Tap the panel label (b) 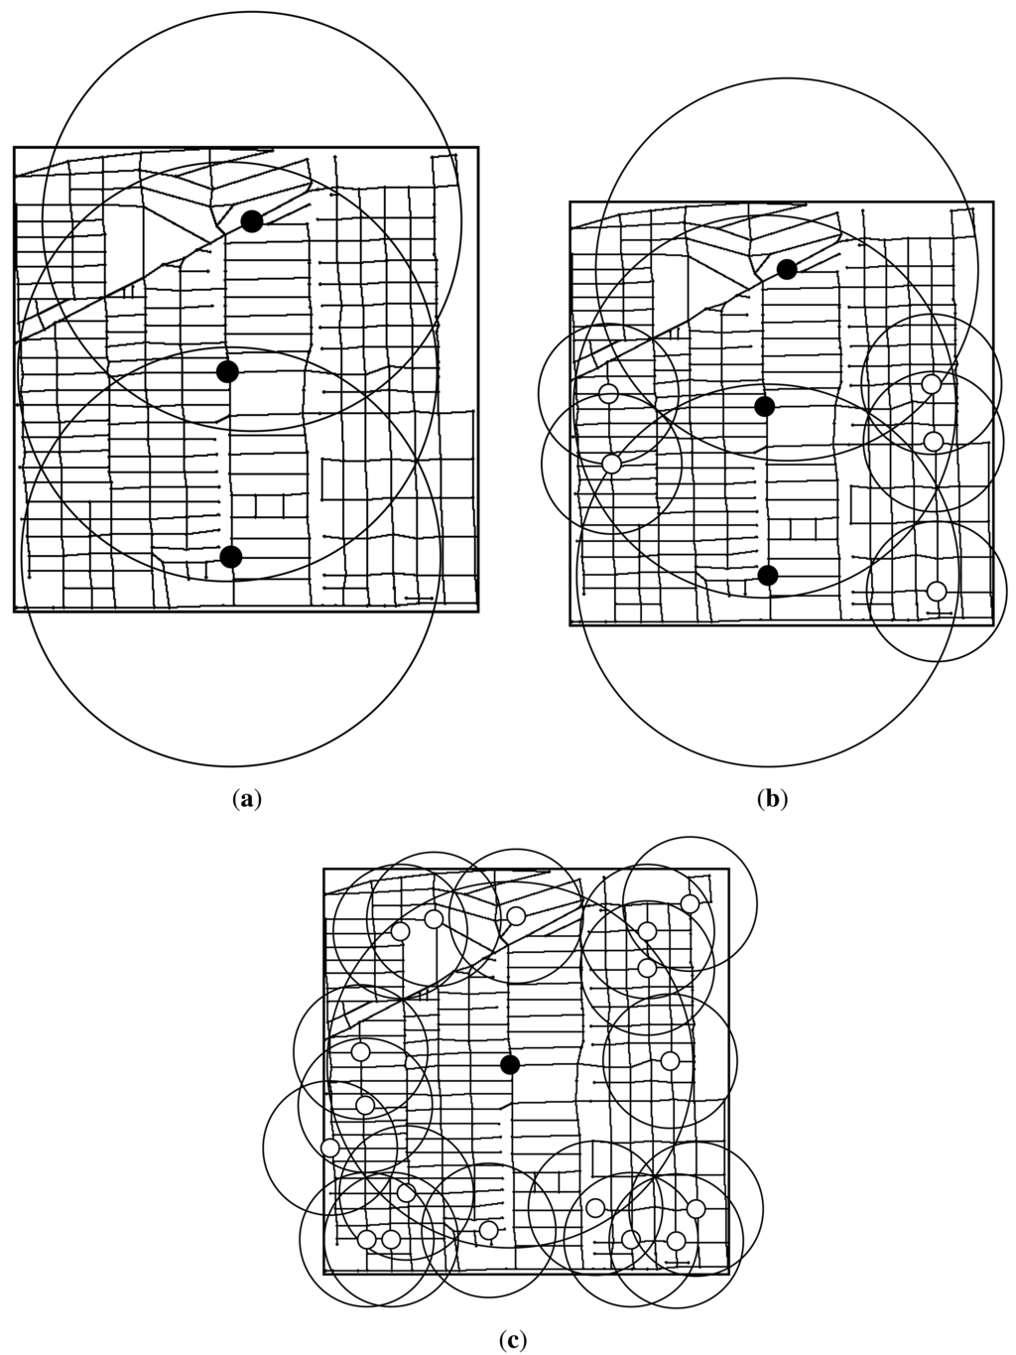click(772, 797)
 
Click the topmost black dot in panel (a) click(252, 221)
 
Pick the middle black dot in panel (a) click(227, 371)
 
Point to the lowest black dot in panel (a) click(230, 557)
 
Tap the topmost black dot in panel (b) click(787, 269)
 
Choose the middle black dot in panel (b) click(764, 406)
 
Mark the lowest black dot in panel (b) click(768, 576)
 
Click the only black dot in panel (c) click(510, 1064)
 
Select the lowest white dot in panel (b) click(937, 592)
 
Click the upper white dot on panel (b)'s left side click(609, 394)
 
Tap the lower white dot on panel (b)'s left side click(611, 464)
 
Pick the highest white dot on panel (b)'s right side click(931, 383)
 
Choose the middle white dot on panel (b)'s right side click(933, 441)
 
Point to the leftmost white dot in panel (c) click(330, 1148)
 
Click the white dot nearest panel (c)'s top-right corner click(690, 903)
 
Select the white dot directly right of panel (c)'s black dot click(670, 1060)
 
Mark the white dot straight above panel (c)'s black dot click(516, 915)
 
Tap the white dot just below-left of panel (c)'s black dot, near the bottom click(488, 1230)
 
